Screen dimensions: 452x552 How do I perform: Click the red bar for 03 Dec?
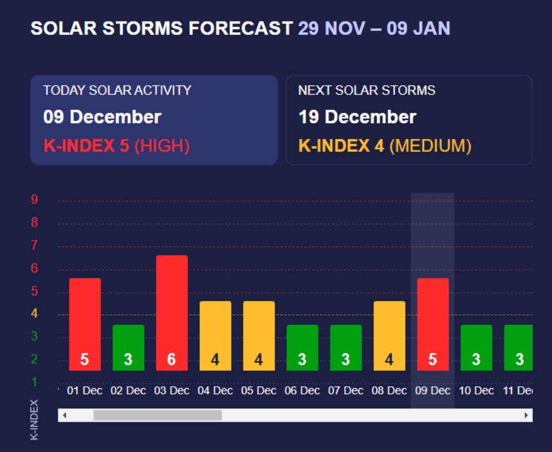(x=172, y=312)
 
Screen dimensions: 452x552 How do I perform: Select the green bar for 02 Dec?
(x=128, y=347)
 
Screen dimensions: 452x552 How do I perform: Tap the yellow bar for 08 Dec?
(x=389, y=335)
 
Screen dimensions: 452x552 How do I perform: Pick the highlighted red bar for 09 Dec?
(x=433, y=324)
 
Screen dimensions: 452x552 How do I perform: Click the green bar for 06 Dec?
(x=302, y=347)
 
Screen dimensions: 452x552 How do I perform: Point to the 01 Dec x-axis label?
(x=84, y=391)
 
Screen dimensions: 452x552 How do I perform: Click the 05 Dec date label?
(x=259, y=391)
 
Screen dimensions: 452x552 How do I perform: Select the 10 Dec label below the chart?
(x=476, y=391)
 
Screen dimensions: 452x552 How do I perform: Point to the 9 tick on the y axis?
(x=35, y=200)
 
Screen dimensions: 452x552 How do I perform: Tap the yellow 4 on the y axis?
(x=35, y=314)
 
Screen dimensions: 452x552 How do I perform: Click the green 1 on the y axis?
(x=35, y=382)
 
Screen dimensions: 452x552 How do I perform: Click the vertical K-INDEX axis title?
(x=35, y=419)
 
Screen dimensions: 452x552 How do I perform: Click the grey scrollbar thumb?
(x=158, y=415)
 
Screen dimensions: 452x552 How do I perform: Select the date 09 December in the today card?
(x=103, y=117)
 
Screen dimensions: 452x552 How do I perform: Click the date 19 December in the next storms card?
(x=357, y=117)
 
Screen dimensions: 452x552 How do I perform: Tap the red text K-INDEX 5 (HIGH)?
(x=116, y=146)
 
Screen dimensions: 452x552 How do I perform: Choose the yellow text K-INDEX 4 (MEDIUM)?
(x=385, y=146)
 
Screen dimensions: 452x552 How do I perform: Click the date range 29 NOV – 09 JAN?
(x=374, y=28)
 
